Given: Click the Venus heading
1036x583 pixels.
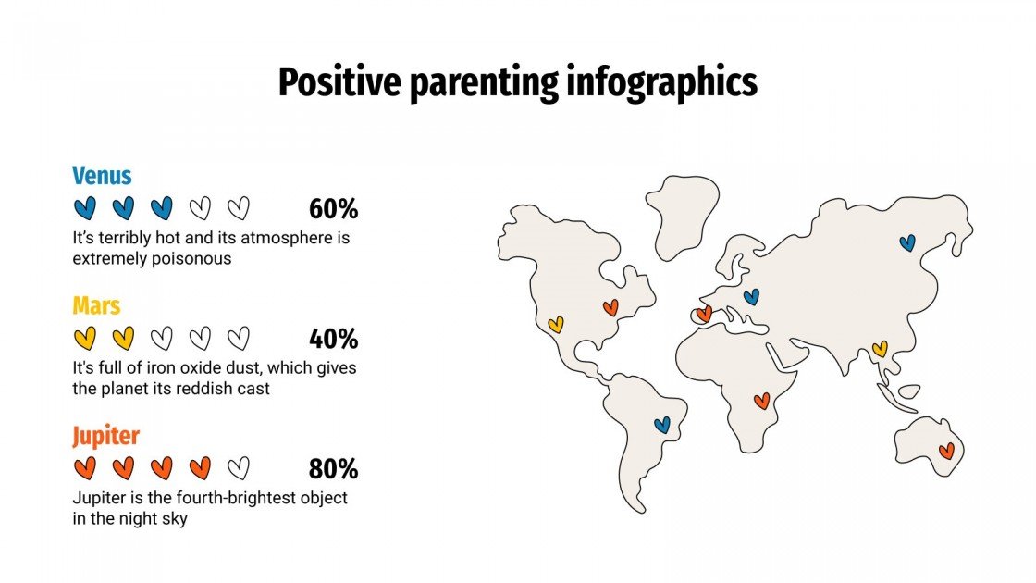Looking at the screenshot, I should (x=102, y=176).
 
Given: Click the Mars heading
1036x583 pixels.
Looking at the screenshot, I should (x=96, y=305).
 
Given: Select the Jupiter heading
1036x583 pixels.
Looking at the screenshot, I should (x=105, y=436).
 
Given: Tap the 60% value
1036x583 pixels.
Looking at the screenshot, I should (x=333, y=209).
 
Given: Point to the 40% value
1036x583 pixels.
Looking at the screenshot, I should (x=333, y=339).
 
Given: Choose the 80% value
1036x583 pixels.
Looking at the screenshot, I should (x=333, y=469).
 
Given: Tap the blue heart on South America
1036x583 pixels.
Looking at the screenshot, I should (x=661, y=425).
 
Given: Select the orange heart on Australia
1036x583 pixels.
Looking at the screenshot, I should (x=946, y=451).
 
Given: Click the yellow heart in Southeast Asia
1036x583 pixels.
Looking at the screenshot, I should (x=879, y=349).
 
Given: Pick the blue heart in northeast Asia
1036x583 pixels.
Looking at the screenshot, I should (x=907, y=242).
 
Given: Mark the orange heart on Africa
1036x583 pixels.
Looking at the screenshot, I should (x=761, y=401).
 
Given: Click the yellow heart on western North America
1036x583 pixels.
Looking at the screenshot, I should (x=555, y=325).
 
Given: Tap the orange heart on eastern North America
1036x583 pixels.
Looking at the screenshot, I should (x=610, y=307).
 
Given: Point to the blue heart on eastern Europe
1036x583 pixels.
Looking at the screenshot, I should (x=751, y=297).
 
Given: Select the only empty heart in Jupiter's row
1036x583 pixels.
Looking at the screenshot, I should (x=239, y=468).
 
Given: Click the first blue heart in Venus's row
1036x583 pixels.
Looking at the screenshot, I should (x=84, y=208).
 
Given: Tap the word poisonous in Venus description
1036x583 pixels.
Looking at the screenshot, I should (x=190, y=259).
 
